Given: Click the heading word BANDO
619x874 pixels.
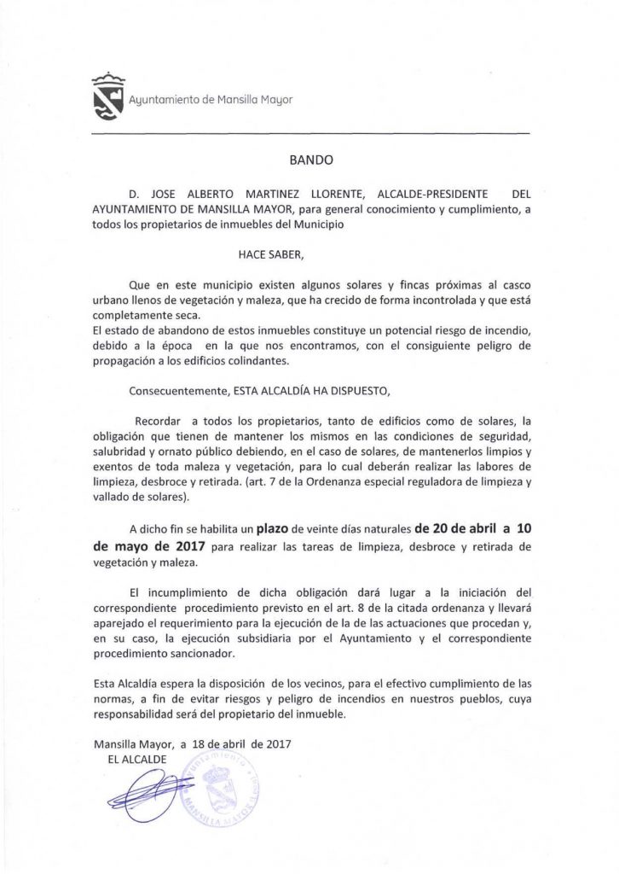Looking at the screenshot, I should (309, 159).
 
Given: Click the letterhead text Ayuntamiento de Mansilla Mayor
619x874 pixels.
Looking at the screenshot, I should (210, 100).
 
